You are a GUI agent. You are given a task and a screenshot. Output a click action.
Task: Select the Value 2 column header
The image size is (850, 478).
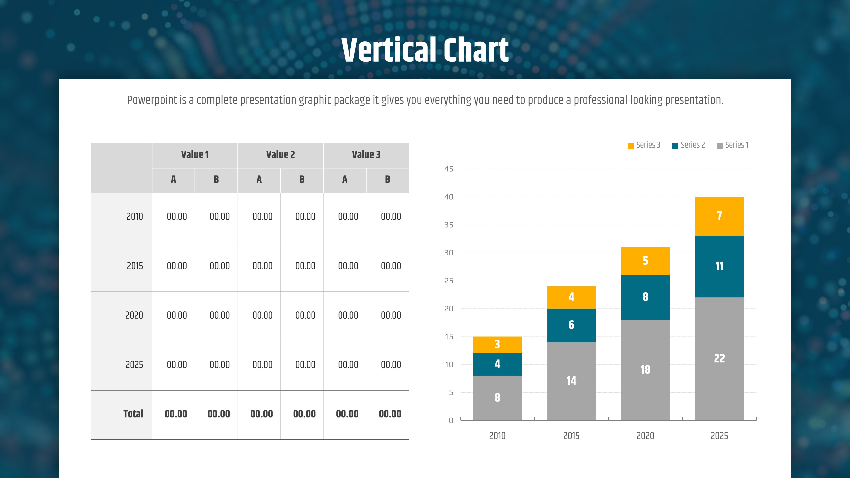tap(280, 154)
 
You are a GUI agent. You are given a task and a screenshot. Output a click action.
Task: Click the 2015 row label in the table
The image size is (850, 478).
tap(135, 266)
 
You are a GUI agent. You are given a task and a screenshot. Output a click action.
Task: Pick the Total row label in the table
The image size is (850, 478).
tap(133, 414)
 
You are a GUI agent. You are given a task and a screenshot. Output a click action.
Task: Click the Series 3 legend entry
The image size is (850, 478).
tap(644, 145)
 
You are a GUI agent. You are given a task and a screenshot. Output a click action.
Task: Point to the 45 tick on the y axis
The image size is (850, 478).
tap(449, 169)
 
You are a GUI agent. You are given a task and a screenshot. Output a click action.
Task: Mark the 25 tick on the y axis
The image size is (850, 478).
tap(449, 281)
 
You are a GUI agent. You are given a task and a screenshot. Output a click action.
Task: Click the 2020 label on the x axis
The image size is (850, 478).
tap(645, 436)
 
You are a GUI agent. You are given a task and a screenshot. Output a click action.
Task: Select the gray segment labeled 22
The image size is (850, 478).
tap(719, 359)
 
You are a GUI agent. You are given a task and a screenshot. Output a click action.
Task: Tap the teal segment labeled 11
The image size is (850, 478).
tap(719, 267)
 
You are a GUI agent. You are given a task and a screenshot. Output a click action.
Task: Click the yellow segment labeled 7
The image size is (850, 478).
tap(719, 216)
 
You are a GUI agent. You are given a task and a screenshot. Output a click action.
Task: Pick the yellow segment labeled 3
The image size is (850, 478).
tap(497, 345)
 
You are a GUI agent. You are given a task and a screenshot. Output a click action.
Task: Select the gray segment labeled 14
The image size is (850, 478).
tap(571, 381)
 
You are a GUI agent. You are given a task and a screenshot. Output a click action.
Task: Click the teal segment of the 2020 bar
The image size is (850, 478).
tap(645, 297)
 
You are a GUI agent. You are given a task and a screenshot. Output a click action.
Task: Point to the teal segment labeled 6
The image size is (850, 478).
tap(571, 325)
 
